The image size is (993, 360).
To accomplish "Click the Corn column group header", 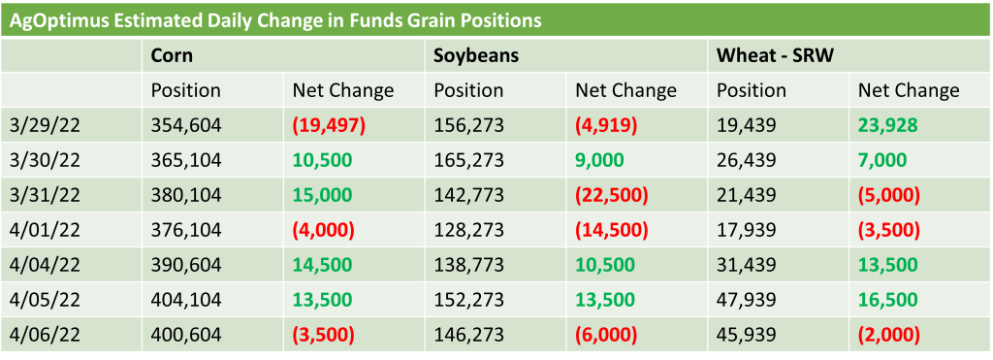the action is [172, 55].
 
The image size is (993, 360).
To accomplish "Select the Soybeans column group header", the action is [476, 55].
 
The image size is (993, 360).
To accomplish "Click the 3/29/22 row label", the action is [45, 125].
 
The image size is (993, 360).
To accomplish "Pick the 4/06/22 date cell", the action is [45, 335].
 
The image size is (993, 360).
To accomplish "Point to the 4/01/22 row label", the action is [45, 230].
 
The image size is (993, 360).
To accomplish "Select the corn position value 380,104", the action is [186, 195].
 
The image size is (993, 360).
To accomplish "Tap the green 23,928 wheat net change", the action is [888, 125].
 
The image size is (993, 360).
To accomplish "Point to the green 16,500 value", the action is [888, 300].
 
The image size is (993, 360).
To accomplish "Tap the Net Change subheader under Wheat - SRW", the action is [909, 90].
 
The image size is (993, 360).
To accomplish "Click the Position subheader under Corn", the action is [185, 90].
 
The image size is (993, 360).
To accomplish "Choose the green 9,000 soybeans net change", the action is [599, 160].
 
